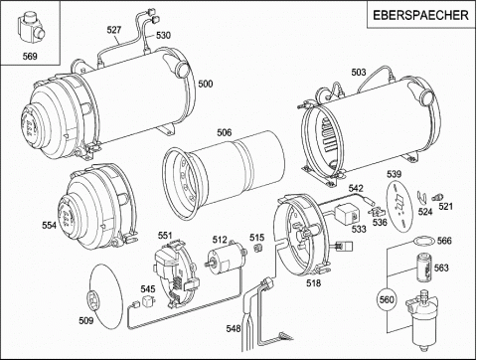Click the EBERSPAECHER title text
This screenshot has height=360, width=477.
[420, 15]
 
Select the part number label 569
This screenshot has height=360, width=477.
[30, 56]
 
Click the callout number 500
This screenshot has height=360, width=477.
[206, 84]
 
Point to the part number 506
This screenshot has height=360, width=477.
[225, 132]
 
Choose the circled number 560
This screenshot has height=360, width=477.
[387, 299]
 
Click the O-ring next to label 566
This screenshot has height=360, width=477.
[424, 241]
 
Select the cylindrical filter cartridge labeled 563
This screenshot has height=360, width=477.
[423, 268]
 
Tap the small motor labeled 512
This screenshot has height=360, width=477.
[227, 258]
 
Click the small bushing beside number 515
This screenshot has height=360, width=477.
[257, 248]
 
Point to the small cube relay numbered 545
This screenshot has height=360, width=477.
[149, 301]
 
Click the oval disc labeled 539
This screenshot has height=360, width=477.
[399, 205]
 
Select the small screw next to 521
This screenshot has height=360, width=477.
[437, 197]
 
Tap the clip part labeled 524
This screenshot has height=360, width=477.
[422, 198]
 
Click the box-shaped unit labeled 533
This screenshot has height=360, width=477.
[347, 214]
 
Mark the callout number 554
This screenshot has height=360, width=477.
[50, 225]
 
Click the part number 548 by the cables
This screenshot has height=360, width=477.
[234, 328]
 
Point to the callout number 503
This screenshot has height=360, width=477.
[359, 72]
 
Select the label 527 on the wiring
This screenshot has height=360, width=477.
[114, 30]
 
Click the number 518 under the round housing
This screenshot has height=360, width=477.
[314, 282]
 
